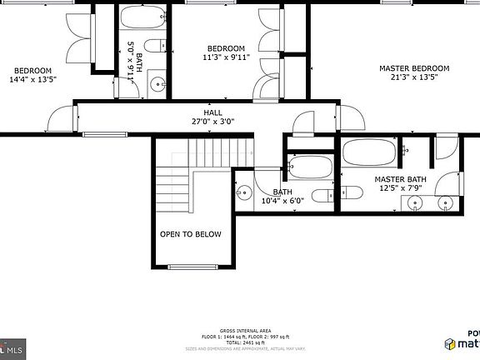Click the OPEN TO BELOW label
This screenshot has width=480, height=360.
point(191,234)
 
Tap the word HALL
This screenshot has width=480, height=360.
point(213,112)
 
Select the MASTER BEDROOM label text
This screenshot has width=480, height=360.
point(414,68)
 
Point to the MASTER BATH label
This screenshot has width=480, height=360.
point(400,179)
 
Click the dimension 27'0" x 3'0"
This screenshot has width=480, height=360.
point(213,122)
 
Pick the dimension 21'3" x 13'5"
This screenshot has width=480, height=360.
point(414,77)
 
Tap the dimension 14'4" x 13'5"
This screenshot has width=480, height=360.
point(32,80)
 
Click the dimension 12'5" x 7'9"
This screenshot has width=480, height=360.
point(400,188)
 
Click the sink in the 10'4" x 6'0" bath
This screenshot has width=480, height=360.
point(242,193)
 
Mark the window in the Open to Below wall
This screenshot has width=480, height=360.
point(191,267)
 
